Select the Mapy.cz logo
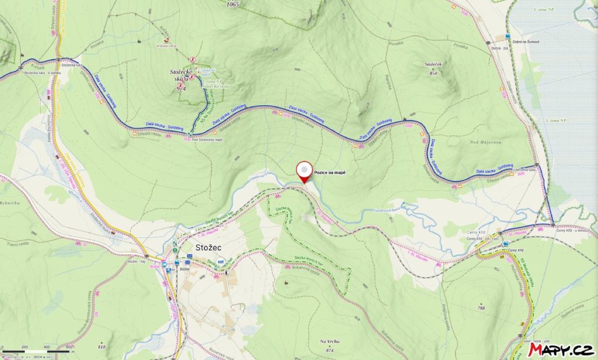pyautogui.click(x=560, y=349)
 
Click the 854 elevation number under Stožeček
pyautogui.click(x=433, y=73)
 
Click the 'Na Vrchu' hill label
pyautogui.click(x=330, y=341)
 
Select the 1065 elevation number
pyautogui.click(x=234, y=4)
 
